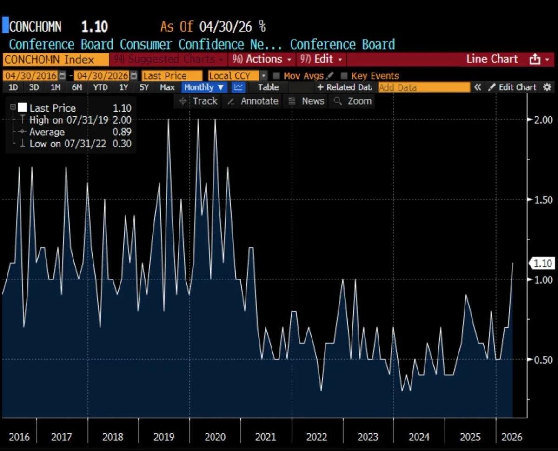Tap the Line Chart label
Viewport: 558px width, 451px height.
click(492, 60)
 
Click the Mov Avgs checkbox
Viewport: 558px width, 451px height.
click(277, 76)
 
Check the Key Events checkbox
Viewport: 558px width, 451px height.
click(345, 76)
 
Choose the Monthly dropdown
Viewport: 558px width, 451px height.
click(204, 87)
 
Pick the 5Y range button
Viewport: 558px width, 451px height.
click(144, 87)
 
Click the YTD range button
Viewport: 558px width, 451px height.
click(100, 87)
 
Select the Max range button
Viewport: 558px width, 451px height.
click(167, 87)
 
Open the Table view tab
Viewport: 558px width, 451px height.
click(268, 87)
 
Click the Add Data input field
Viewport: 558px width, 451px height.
click(424, 87)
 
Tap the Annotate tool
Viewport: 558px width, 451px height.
click(253, 101)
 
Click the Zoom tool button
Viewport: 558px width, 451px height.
click(353, 101)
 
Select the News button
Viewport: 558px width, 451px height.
click(307, 101)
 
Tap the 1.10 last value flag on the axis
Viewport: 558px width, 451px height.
click(542, 264)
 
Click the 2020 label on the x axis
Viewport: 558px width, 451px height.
click(215, 438)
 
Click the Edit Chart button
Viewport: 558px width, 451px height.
click(512, 87)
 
